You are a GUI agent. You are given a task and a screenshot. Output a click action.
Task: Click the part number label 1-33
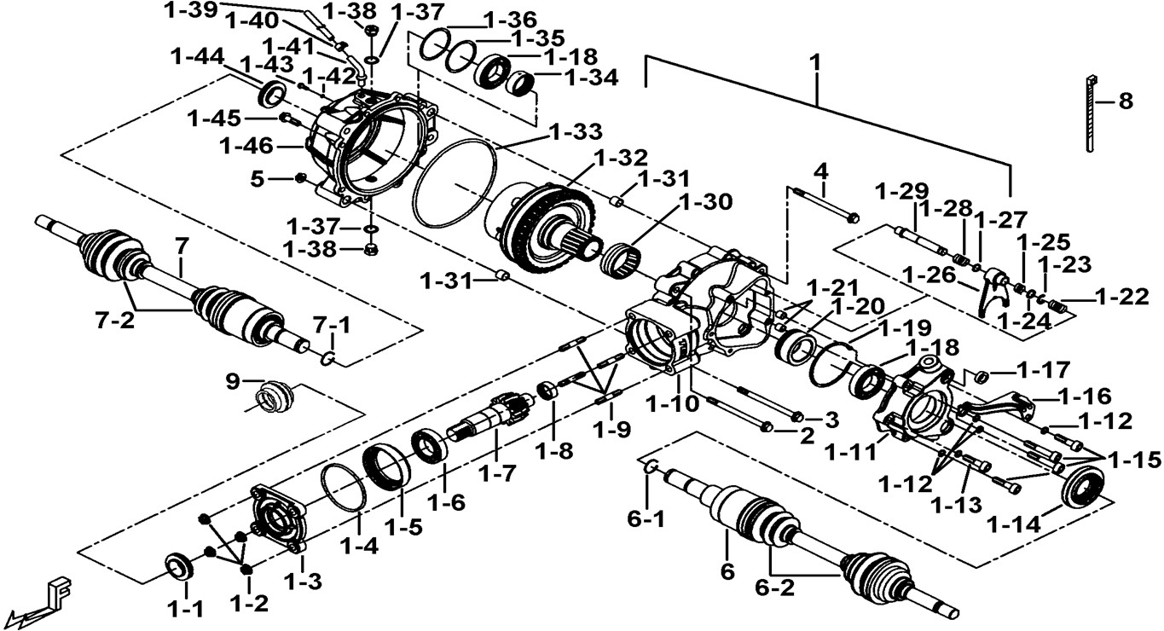(x=576, y=132)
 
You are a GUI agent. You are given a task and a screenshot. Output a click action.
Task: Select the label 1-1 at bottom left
(x=184, y=608)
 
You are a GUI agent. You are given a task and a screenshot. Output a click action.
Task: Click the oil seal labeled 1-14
(x=1084, y=489)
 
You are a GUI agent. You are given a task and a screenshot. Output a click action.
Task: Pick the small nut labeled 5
(x=300, y=178)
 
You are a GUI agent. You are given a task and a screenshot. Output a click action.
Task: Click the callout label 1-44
(x=197, y=56)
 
